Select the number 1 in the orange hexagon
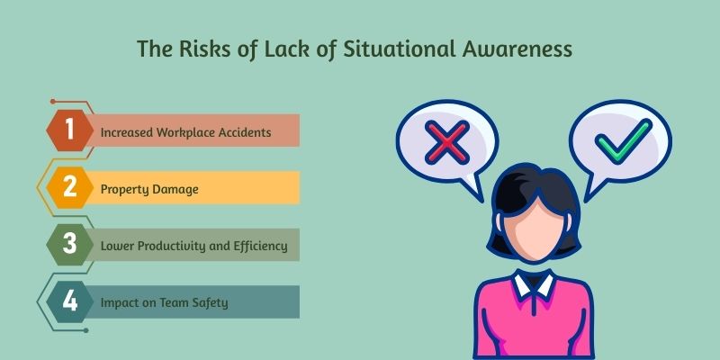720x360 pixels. pyautogui.click(x=70, y=131)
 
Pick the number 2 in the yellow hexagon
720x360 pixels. pyautogui.click(x=70, y=188)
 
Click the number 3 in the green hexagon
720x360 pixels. pyautogui.click(x=70, y=244)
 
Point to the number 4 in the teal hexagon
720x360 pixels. pyautogui.click(x=70, y=301)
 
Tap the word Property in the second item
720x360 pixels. pyautogui.click(x=124, y=189)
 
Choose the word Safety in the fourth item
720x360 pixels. pyautogui.click(x=210, y=302)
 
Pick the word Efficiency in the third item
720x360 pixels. pyautogui.click(x=259, y=246)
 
